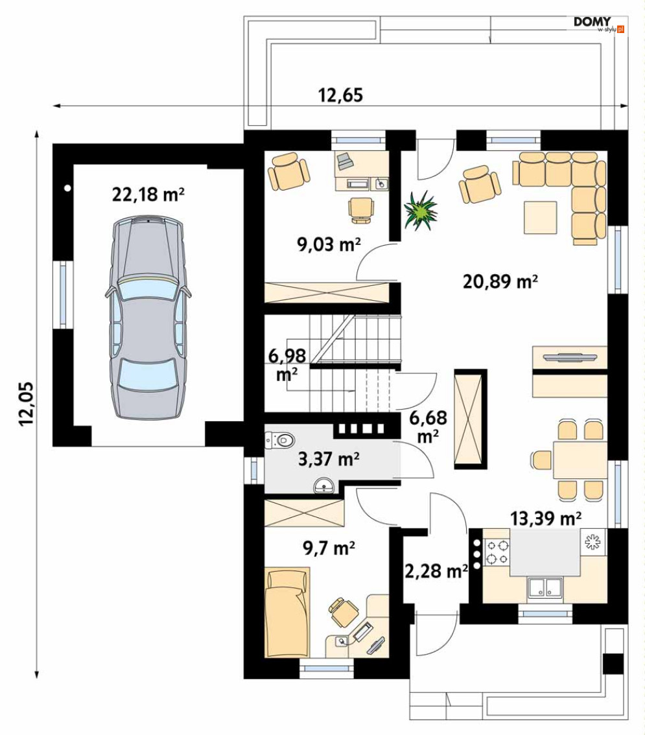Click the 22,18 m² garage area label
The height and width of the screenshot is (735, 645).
tap(148, 194)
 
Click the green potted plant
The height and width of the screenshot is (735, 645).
tap(421, 210)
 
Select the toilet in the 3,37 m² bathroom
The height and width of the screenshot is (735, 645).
tap(280, 440)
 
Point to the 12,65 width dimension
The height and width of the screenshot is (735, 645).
tap(341, 95)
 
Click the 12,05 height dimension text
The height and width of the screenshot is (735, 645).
tap(27, 404)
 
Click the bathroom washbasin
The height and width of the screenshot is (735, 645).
tap(323, 485)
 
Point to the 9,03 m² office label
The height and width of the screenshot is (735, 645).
tap(329, 244)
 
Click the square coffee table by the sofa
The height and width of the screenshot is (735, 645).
tap(541, 217)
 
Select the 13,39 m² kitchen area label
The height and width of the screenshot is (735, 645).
tap(546, 518)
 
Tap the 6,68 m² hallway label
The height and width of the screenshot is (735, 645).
tap(428, 426)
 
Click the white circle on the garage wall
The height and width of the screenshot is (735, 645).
tap(68, 189)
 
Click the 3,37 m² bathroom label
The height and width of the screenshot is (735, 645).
tap(329, 459)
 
